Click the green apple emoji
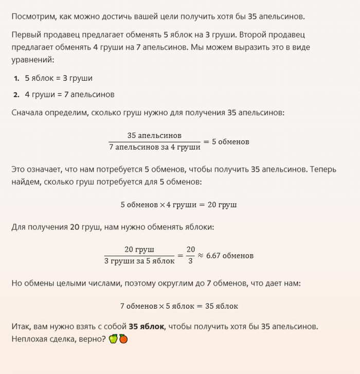tap(113, 339)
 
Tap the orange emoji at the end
tap(123, 339)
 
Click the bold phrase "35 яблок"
tap(147, 326)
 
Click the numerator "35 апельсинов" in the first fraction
tap(154, 136)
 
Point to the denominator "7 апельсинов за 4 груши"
tap(154, 147)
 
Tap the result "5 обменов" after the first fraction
tap(230, 141)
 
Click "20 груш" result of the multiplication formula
tap(222, 204)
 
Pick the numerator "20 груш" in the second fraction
tap(139, 250)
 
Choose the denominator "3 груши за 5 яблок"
tap(139, 261)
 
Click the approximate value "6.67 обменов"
tap(229, 255)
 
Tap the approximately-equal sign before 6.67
tap(201, 255)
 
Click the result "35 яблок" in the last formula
tap(222, 306)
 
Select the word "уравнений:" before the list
tap(32, 60)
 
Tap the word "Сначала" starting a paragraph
tap(27, 112)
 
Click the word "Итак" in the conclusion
tap(21, 326)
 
